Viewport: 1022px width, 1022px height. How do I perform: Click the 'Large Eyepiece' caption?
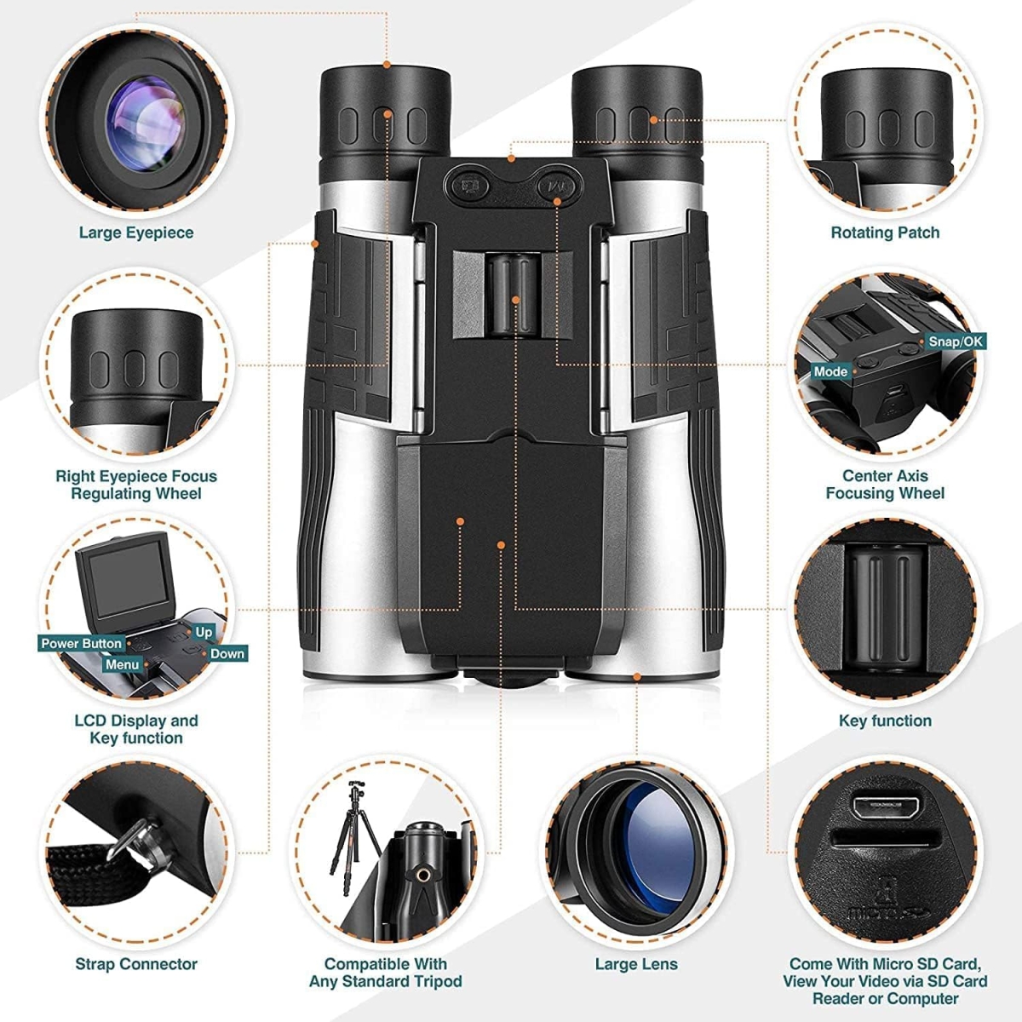coord(136,233)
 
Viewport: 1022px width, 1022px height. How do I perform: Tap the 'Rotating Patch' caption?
coord(885,233)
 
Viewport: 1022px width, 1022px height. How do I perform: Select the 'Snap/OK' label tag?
coord(956,342)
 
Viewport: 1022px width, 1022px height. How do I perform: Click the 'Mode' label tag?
coord(830,371)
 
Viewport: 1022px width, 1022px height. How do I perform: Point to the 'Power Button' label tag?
coord(82,644)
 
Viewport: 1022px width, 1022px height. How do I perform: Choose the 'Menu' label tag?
coord(122,664)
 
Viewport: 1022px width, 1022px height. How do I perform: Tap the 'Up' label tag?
coord(204,632)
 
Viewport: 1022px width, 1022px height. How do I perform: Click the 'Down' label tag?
coord(227,654)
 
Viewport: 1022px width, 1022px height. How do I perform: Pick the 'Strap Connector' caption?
coord(136,964)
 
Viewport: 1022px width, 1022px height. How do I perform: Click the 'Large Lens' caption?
coord(636,964)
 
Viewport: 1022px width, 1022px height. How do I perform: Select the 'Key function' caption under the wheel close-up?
coord(885,721)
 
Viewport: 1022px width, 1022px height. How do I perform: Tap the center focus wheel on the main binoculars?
coord(514,294)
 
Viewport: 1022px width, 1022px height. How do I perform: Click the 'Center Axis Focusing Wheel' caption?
coord(885,485)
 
